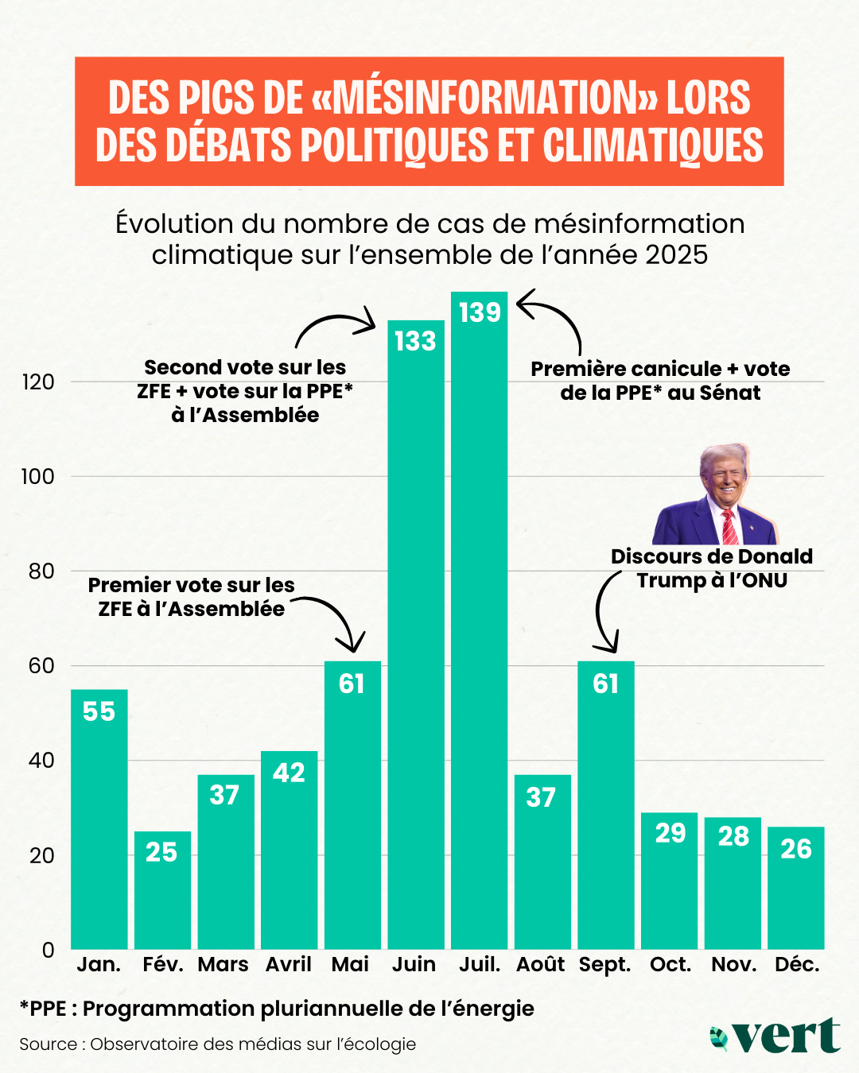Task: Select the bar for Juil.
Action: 479,620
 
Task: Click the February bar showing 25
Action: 162,890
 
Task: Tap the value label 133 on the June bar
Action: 415,341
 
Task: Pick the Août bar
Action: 542,862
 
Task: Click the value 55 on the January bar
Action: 99,711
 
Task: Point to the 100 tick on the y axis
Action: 37,476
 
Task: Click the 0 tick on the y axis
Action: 48,950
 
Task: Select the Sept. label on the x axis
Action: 604,964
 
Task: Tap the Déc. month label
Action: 797,964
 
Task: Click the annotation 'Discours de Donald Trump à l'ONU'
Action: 711,568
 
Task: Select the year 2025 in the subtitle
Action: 676,255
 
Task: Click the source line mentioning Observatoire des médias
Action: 217,1044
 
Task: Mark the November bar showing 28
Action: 733,883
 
